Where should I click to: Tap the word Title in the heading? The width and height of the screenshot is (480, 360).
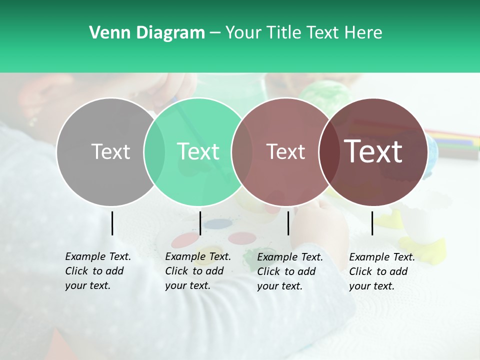[284, 33]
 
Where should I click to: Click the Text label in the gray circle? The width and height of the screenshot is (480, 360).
[110, 151]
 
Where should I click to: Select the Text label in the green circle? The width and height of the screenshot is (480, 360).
[198, 151]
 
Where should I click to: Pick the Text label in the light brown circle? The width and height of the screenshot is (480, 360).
[285, 151]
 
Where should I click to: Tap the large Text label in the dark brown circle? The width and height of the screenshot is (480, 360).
[373, 151]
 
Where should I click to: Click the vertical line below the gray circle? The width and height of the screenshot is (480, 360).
[112, 223]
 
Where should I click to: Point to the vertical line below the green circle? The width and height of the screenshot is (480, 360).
[200, 223]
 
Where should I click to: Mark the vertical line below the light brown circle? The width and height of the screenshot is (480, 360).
[288, 223]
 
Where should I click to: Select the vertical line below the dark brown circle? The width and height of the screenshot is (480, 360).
[372, 223]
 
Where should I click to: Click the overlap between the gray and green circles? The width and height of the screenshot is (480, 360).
[154, 151]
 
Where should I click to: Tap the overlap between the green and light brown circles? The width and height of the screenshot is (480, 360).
[242, 151]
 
